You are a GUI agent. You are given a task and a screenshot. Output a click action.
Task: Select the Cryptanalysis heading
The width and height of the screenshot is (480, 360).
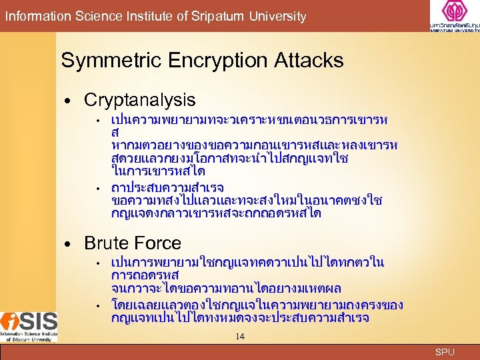139,101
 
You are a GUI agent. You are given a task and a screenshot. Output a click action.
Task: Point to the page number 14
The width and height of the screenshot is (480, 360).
240,337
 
